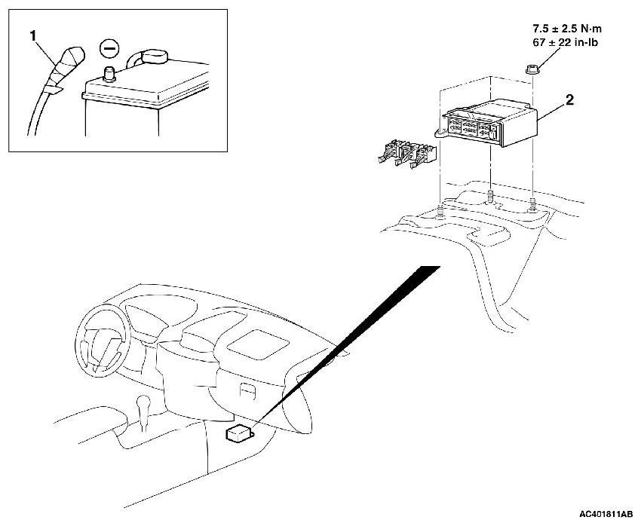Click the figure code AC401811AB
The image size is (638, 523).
[x=605, y=514]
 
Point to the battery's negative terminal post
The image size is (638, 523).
[x=110, y=73]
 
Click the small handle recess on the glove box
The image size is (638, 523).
[x=245, y=390]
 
